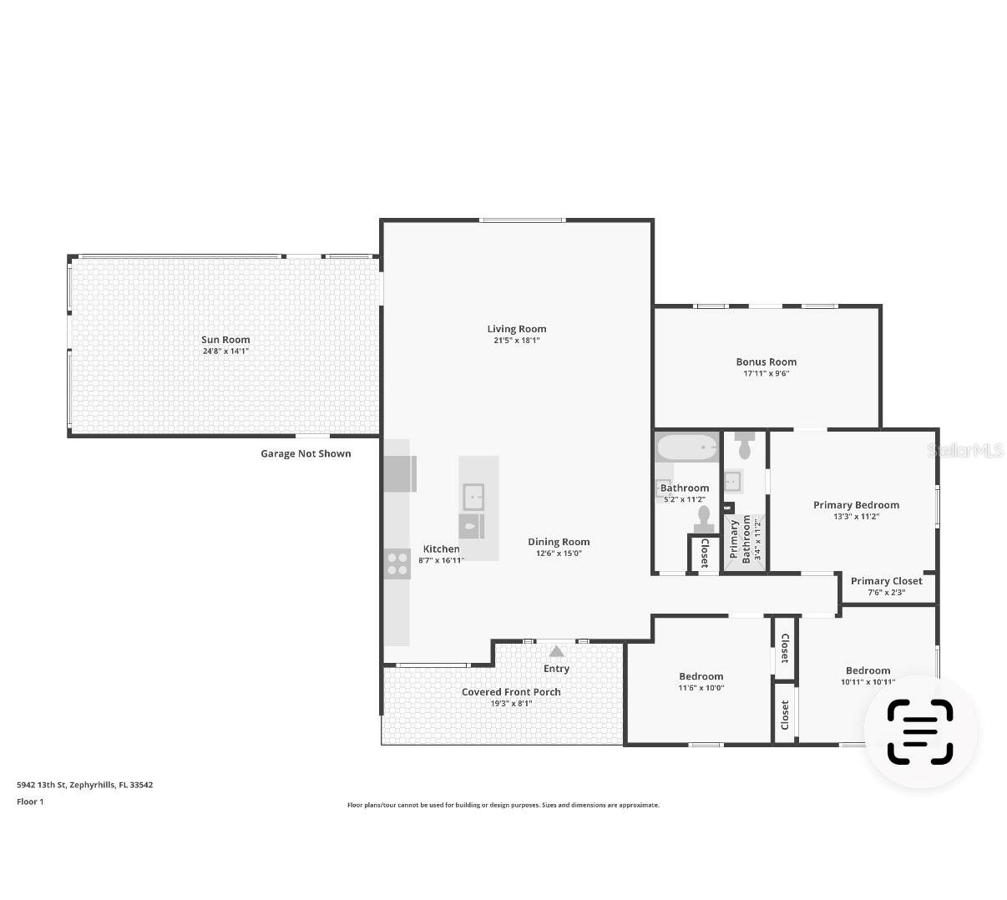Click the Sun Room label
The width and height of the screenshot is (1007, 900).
tap(225, 340)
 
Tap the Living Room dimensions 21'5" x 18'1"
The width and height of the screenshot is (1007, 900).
tap(517, 341)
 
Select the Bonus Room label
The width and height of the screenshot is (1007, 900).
tap(766, 362)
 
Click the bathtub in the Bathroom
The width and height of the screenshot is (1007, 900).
tap(686, 447)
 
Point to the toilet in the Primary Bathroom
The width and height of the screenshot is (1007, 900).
tap(745, 446)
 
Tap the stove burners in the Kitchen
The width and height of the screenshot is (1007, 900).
tap(397, 564)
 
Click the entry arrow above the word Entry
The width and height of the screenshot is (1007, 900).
tap(556, 651)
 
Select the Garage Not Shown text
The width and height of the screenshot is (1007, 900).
tap(306, 453)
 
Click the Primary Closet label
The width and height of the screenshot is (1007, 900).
tap(886, 581)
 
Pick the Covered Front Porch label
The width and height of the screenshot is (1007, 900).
tap(511, 692)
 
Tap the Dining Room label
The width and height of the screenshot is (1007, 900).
tap(559, 542)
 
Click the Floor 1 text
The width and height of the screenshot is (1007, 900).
tap(30, 801)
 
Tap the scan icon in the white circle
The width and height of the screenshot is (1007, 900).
tap(919, 731)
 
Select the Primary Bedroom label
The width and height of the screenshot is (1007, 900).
tap(856, 504)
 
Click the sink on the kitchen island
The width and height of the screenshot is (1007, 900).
tap(473, 497)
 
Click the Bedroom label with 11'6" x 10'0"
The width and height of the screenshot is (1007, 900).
tap(701, 676)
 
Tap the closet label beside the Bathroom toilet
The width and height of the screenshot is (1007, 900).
tap(705, 553)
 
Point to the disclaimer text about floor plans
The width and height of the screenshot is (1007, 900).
tap(503, 805)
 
